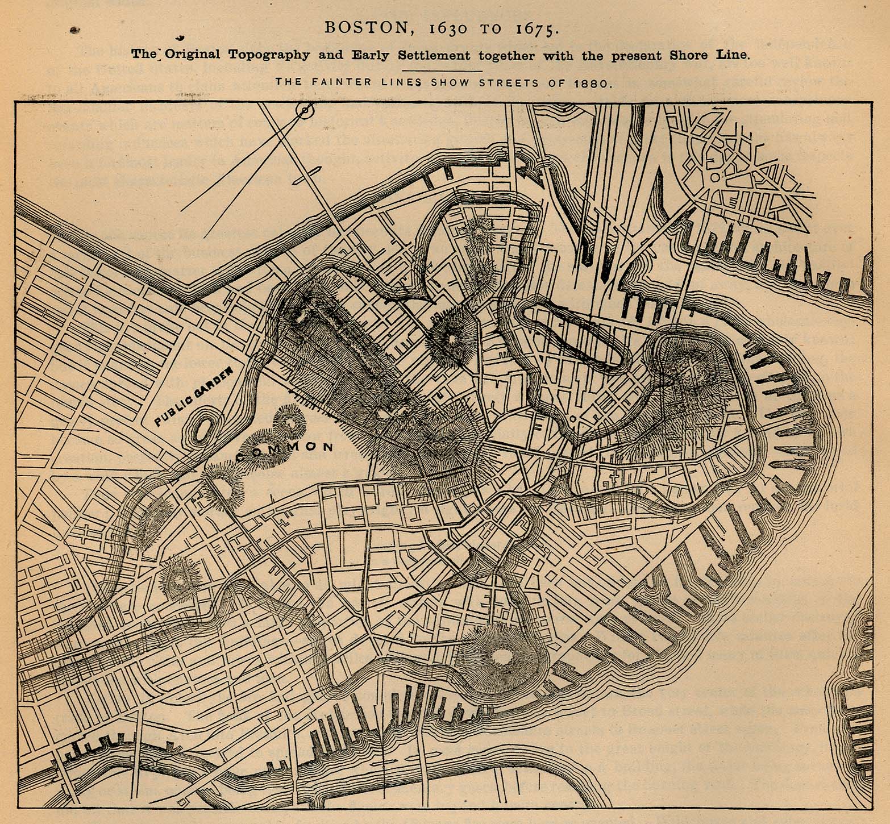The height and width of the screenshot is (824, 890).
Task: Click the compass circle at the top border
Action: coord(306,110)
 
